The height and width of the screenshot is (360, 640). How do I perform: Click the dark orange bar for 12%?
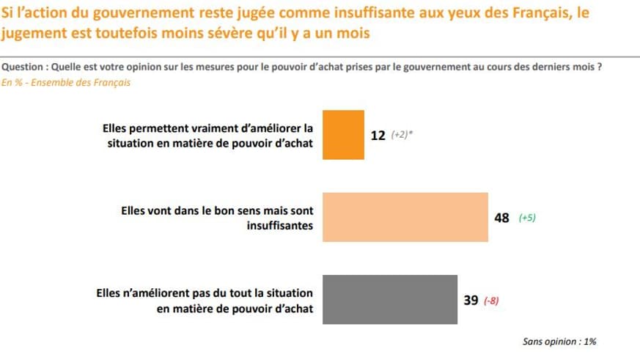(x=343, y=135)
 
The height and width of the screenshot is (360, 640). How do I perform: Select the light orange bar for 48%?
(x=405, y=217)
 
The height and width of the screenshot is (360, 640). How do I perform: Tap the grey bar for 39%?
(x=390, y=300)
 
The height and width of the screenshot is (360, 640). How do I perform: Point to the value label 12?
(x=378, y=136)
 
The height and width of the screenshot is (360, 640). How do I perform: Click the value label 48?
(x=502, y=218)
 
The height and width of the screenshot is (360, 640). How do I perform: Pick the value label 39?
(x=471, y=300)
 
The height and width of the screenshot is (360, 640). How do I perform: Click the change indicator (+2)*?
(x=402, y=136)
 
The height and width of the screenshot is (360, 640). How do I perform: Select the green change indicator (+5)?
(x=527, y=218)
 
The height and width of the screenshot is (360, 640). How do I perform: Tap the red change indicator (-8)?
(x=492, y=301)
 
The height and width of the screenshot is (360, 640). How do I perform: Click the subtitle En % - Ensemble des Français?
(x=65, y=83)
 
